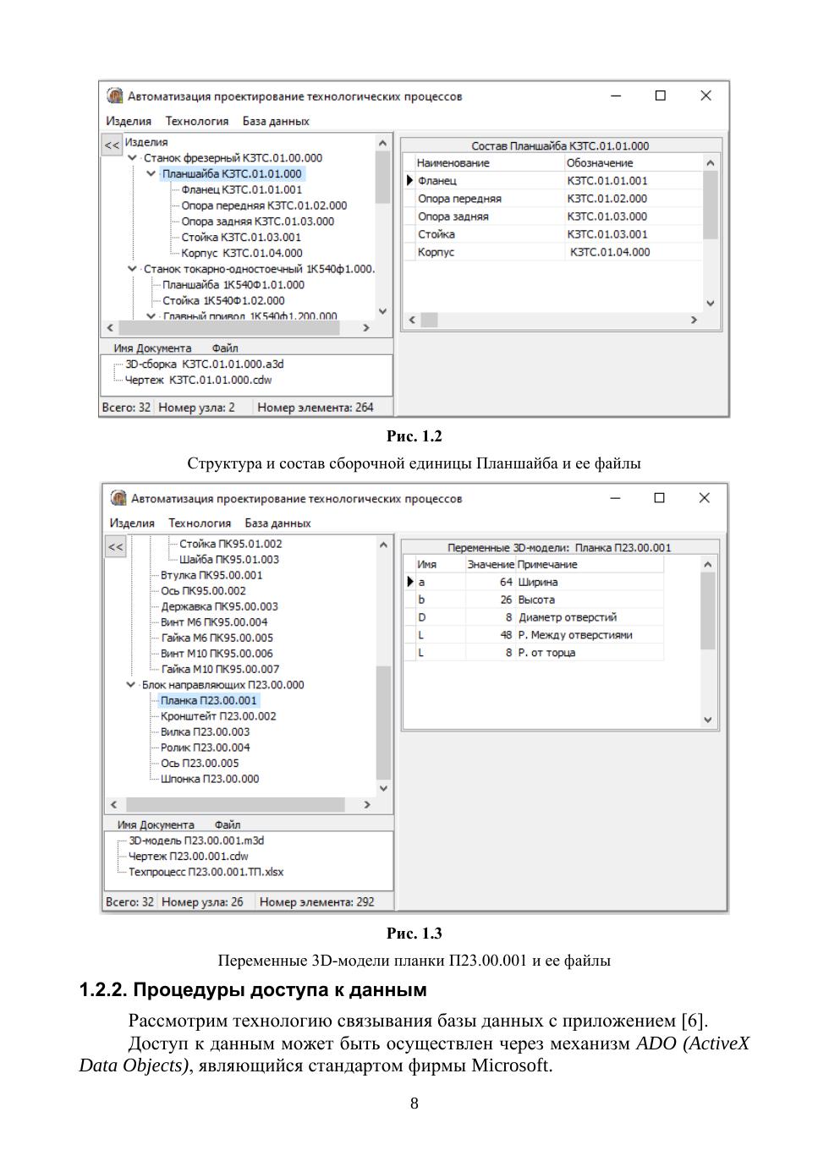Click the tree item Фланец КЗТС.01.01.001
pos(241,189)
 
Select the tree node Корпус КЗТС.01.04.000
pos(241,253)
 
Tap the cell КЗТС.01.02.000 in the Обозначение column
pos(607,199)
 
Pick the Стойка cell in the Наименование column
pos(436,234)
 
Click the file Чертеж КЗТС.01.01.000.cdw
pos(199,380)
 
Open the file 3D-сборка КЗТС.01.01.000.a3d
pos(205,364)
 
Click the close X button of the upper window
pos(705,96)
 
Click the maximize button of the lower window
pos(660,498)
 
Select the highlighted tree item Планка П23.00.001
pos(208,700)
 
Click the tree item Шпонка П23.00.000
pos(210,779)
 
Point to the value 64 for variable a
pos(506,582)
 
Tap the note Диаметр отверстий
pos(568,617)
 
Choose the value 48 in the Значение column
pos(506,635)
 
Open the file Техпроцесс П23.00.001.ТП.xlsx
pos(206,872)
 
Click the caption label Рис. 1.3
pos(414,934)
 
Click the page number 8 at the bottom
pos(414,1104)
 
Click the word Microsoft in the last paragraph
pos(511,1065)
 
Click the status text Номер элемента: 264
pos(316,408)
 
